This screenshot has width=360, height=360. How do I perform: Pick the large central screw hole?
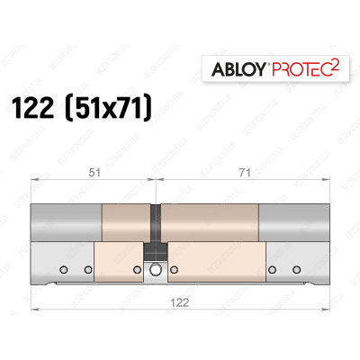click(156, 270)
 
